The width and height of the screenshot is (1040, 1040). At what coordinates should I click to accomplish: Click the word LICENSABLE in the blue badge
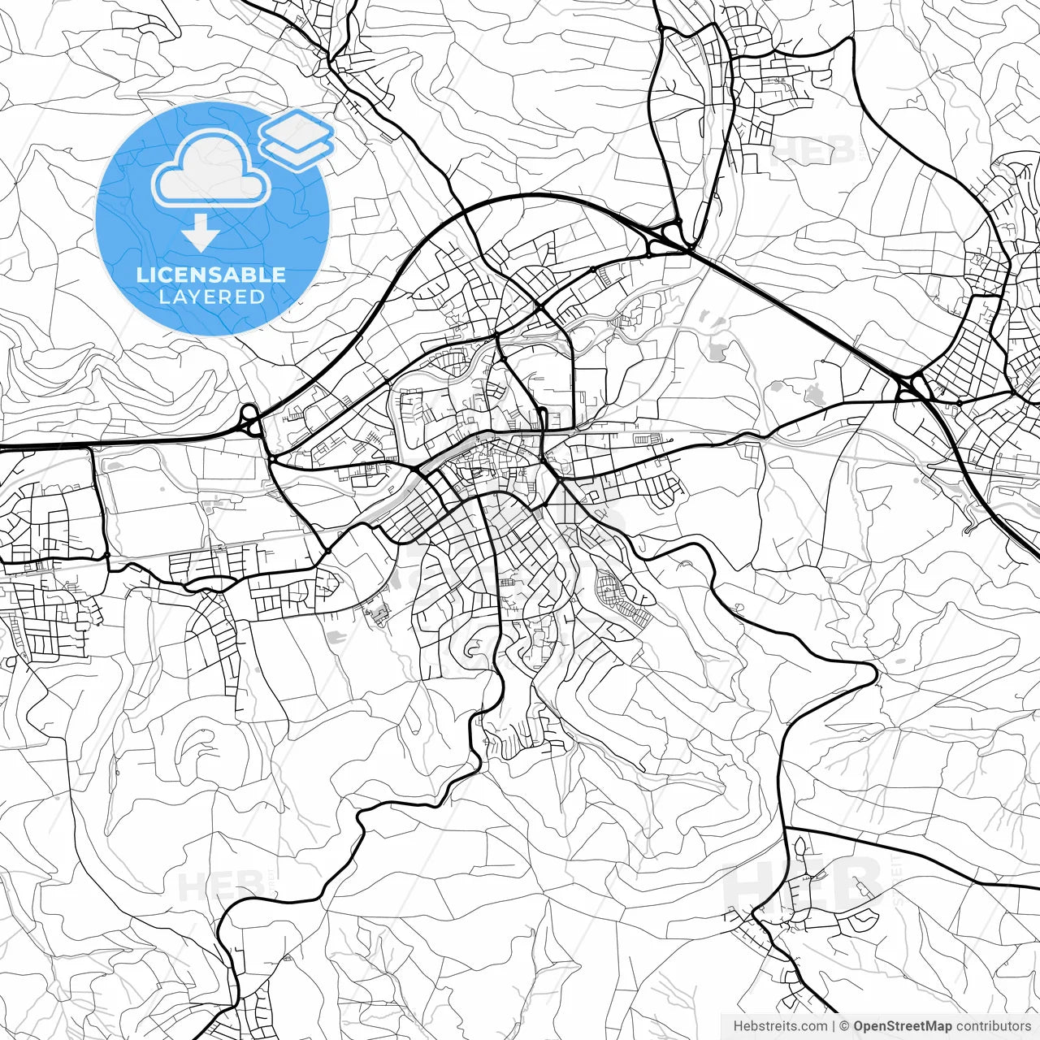click(x=211, y=275)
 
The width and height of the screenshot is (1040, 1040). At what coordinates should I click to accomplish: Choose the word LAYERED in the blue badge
click(x=211, y=297)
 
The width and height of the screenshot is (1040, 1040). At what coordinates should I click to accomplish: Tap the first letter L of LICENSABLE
click(x=141, y=275)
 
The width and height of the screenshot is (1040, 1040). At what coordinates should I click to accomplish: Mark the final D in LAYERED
click(x=258, y=297)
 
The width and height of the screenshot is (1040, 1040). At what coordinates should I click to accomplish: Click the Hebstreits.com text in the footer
click(x=780, y=1026)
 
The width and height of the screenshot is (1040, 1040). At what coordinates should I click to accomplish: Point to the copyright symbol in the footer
click(x=844, y=1026)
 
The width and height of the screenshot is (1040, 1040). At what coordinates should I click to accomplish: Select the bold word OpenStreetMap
click(x=902, y=1026)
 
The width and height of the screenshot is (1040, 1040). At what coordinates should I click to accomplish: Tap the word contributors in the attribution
click(x=993, y=1026)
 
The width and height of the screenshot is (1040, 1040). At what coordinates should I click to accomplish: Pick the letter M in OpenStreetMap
click(x=932, y=1026)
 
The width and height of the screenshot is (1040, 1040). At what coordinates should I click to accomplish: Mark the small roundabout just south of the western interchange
click(x=271, y=460)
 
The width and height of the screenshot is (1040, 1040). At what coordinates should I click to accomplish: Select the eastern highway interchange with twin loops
click(x=911, y=388)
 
